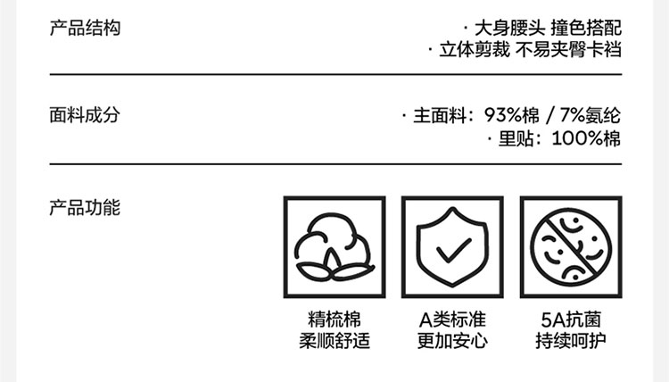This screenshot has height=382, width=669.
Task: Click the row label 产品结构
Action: (x=84, y=28)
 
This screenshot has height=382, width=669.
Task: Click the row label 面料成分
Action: (x=84, y=116)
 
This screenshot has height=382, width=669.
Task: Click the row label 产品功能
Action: (x=84, y=209)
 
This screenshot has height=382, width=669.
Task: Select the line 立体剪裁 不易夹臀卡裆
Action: (x=530, y=50)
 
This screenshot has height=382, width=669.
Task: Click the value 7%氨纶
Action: (x=591, y=116)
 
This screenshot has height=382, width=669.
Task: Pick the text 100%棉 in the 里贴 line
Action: (x=586, y=138)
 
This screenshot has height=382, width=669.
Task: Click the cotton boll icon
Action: (x=334, y=247)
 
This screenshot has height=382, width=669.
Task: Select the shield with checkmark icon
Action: (x=452, y=247)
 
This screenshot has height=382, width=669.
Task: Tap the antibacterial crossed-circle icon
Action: (x=571, y=247)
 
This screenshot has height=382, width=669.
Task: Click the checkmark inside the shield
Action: (x=453, y=249)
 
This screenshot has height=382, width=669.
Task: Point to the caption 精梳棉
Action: (x=334, y=320)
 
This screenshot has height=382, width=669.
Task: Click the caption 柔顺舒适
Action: (x=334, y=340)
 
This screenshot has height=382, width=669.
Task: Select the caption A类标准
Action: (x=452, y=320)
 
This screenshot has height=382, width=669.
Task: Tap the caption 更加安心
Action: (x=452, y=340)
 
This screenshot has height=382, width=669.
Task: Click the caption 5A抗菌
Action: (x=571, y=320)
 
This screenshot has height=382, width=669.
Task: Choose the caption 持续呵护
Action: (x=571, y=340)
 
